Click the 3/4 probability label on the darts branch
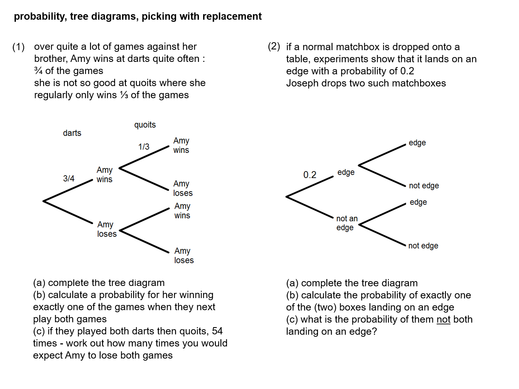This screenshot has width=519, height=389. point(69,178)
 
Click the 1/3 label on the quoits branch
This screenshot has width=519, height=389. point(144,147)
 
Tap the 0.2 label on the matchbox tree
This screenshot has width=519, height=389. point(310,175)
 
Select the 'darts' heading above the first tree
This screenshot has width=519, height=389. point(72,133)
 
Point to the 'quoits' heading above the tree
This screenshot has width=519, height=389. point(145,125)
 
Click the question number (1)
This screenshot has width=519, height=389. point(18,47)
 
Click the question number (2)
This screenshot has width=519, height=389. point(274,46)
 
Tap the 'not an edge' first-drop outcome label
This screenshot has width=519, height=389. point(347,223)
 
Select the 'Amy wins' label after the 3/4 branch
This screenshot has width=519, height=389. point(104,175)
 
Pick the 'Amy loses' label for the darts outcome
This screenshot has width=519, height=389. point(107,229)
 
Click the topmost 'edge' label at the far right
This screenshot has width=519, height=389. point(417,143)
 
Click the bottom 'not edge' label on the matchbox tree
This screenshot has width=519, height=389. point(423,246)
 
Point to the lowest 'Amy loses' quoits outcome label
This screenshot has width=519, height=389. point(184,256)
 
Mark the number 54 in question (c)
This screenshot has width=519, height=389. point(217,331)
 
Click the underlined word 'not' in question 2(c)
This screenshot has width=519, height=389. point(443,319)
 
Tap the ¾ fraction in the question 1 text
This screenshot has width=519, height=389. point(38,71)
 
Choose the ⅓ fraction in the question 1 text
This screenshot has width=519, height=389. point(124,95)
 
